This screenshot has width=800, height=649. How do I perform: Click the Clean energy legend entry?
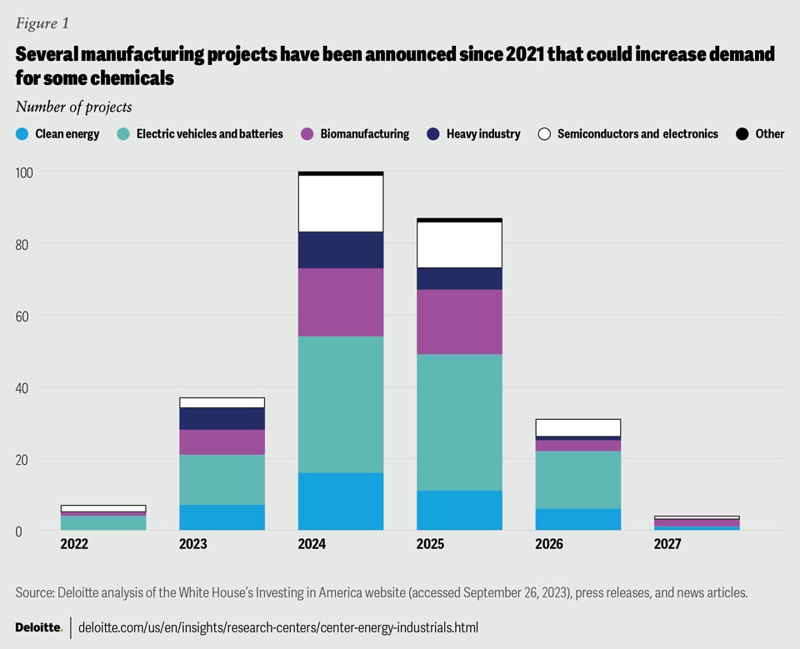pyautogui.click(x=57, y=133)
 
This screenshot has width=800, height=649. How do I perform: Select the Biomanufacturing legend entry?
pyautogui.click(x=354, y=133)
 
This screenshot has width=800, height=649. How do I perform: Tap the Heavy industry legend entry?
pyautogui.click(x=473, y=133)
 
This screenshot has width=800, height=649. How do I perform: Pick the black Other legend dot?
pyautogui.click(x=742, y=133)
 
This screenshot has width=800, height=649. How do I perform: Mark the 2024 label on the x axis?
pyautogui.click(x=311, y=544)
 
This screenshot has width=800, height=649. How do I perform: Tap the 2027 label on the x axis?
pyautogui.click(x=667, y=544)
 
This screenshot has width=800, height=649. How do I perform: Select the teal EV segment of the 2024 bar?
pyautogui.click(x=341, y=404)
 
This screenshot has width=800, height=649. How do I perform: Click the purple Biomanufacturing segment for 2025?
pyautogui.click(x=459, y=322)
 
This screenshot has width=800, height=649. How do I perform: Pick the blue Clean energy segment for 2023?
pyautogui.click(x=222, y=517)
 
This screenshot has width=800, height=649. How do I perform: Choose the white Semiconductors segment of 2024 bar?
pyautogui.click(x=341, y=203)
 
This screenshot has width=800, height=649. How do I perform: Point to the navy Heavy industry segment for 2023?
pyautogui.click(x=222, y=418)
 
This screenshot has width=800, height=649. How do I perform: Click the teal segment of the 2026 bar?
pyautogui.click(x=577, y=479)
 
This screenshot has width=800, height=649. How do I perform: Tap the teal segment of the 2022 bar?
pyautogui.click(x=103, y=522)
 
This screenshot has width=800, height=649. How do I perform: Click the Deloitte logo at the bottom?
pyautogui.click(x=38, y=627)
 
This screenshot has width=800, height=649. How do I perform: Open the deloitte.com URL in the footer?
pyautogui.click(x=278, y=627)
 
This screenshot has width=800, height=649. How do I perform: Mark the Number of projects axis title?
pyautogui.click(x=73, y=107)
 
